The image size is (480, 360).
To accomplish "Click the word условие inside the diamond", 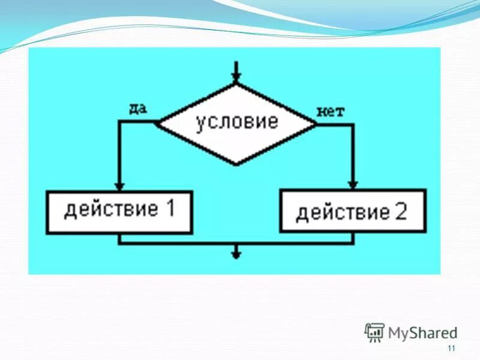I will pos(237,122).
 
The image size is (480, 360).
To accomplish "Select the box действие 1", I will pos(119,211).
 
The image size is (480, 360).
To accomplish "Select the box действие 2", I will pos(353,211).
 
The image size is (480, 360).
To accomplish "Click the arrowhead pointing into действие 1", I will pos(119,185).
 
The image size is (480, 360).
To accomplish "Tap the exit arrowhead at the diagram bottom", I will pos(236,254).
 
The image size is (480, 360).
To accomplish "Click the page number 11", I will pos(452,349).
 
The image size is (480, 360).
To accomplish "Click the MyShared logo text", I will pos(422,332).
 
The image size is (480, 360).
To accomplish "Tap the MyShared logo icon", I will pos(375,332).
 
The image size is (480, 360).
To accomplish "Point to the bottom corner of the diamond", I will pos(237,164).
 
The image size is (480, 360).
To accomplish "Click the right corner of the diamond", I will pos(316,124).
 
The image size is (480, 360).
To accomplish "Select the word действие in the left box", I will pos(111,210).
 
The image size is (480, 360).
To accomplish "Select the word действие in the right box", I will pos(343,212).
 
